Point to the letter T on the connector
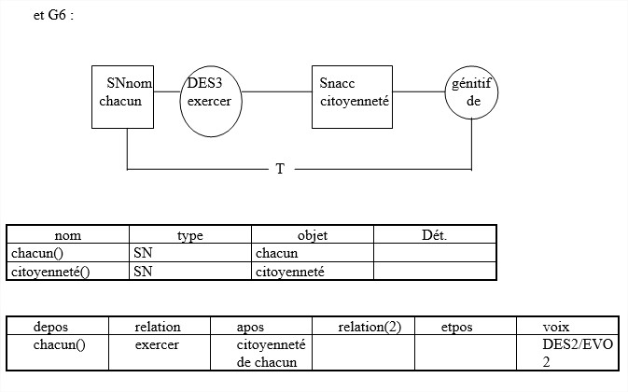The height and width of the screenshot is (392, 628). [x=280, y=169]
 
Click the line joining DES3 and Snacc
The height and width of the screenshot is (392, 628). [x=277, y=91]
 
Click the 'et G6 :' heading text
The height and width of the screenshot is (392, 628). [x=54, y=15]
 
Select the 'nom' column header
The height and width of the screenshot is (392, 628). [x=68, y=235]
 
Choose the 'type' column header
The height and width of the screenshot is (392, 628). [x=190, y=235]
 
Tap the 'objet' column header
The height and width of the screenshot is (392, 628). [x=313, y=235]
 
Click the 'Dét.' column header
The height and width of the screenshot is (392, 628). [x=435, y=234]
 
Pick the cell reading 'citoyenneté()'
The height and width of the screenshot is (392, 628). [x=50, y=272]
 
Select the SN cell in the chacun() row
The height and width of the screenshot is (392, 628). [x=143, y=253]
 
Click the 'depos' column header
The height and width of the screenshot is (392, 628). [x=50, y=328]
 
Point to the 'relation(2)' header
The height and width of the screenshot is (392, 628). [x=370, y=328]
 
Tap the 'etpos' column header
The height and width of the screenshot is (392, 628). [x=456, y=328]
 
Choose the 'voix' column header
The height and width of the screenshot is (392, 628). [x=556, y=328]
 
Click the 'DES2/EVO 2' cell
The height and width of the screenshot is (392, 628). [x=578, y=353]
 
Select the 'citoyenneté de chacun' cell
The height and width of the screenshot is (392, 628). [x=272, y=353]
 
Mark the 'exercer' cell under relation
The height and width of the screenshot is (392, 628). [x=157, y=344]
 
